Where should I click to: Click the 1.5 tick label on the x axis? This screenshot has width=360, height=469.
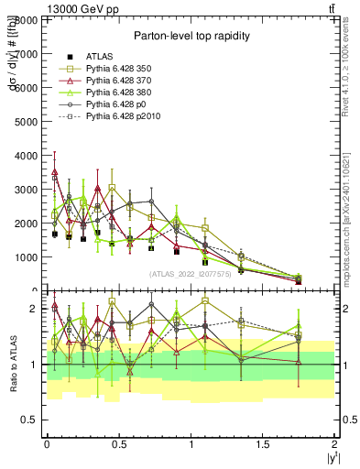coord(262,443)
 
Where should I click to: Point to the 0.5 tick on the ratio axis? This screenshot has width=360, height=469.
coord(31,420)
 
